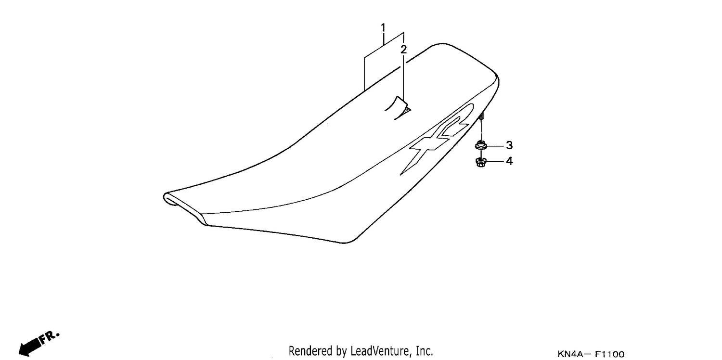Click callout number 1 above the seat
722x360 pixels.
(x=383, y=28)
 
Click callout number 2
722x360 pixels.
(x=403, y=49)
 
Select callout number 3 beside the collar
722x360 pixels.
(x=509, y=145)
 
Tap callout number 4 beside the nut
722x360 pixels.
(x=509, y=161)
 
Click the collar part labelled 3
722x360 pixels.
(x=481, y=145)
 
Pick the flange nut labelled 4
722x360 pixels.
(x=480, y=162)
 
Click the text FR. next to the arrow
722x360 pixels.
(x=49, y=337)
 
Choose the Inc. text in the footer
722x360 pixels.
(x=424, y=351)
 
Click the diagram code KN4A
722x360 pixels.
(x=570, y=354)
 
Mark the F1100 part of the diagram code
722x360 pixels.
(x=609, y=354)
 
